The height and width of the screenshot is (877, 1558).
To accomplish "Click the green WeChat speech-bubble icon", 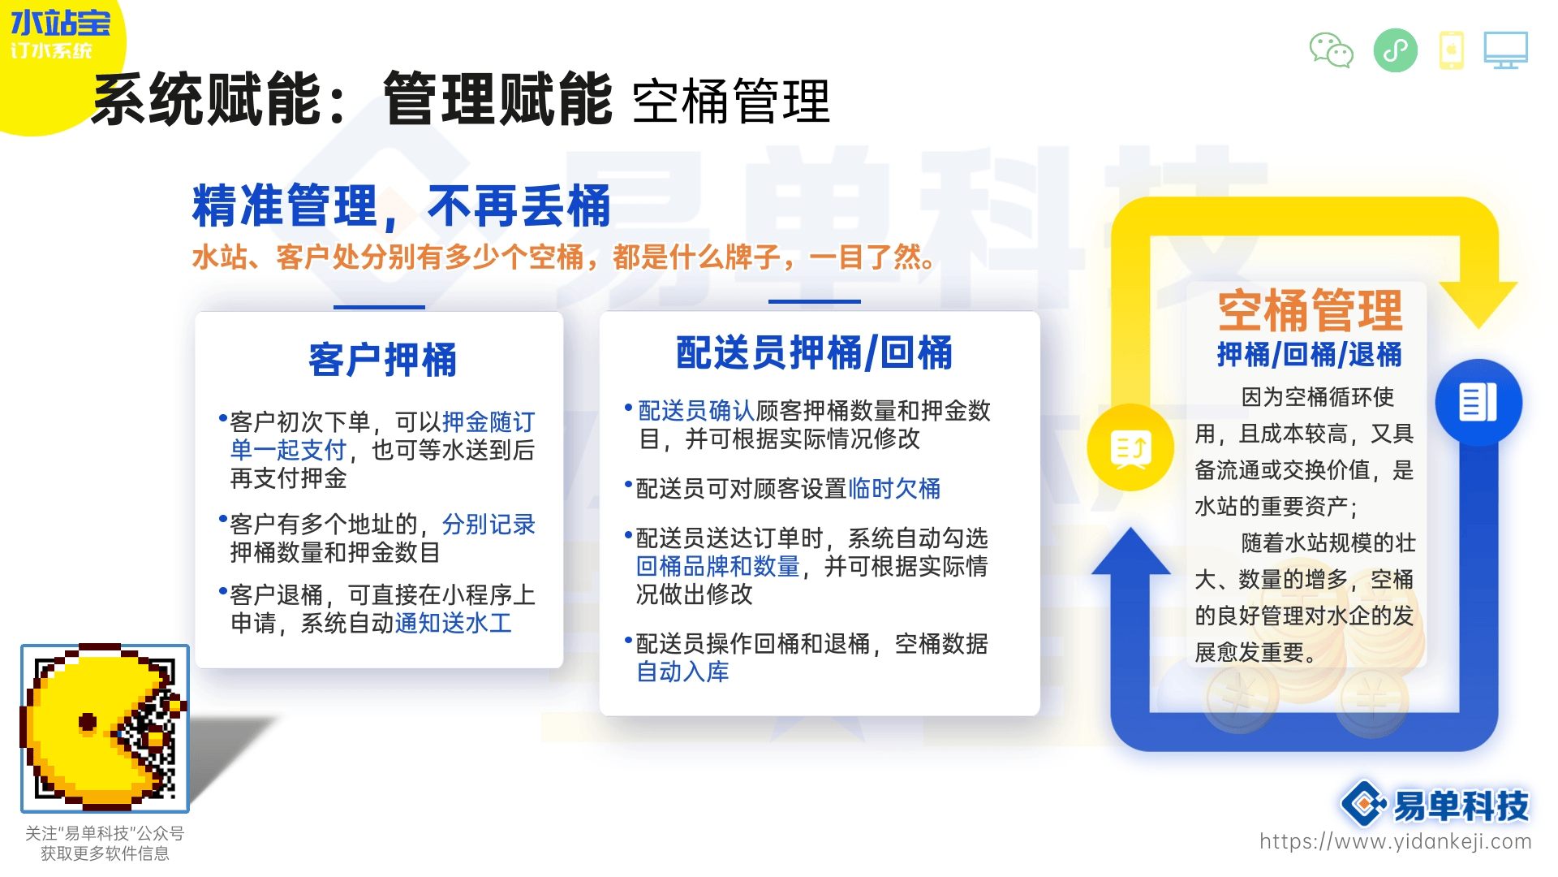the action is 1332,50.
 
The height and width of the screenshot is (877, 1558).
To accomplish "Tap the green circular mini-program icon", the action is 1396,50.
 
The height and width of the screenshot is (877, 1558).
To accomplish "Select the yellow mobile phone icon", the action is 1452,50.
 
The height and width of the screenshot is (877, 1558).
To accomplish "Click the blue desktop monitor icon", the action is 1506,50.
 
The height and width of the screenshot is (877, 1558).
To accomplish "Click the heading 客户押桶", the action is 382,360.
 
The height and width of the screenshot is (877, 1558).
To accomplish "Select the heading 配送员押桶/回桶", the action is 815,353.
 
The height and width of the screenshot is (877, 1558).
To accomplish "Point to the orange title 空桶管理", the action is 1311,310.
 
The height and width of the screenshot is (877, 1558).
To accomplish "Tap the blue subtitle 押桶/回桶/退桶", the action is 1310,355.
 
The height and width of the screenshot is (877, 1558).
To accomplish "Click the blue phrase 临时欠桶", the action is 894,489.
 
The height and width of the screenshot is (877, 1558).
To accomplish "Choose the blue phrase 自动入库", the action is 682,672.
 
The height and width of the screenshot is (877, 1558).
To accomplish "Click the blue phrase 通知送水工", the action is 454,624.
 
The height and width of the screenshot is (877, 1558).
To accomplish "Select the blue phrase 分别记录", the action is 488,525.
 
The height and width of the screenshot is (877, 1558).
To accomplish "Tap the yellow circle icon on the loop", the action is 1130,447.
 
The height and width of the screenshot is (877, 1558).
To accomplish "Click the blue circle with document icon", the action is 1478,403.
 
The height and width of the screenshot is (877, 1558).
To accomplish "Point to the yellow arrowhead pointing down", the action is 1478,304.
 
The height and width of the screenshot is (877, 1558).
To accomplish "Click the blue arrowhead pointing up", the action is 1131,552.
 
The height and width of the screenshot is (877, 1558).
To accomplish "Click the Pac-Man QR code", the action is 105,728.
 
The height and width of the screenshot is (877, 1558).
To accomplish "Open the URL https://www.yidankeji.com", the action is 1396,841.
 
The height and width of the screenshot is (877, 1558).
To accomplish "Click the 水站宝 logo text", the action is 60,24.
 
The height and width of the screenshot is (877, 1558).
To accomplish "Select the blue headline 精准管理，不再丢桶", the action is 401,206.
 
